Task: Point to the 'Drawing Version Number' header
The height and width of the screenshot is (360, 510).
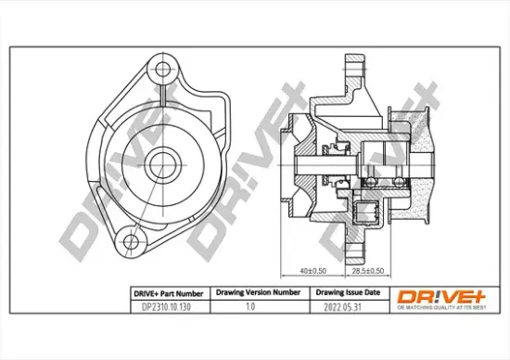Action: click(258, 291)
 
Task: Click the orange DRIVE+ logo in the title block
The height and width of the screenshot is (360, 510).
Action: click(441, 295)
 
